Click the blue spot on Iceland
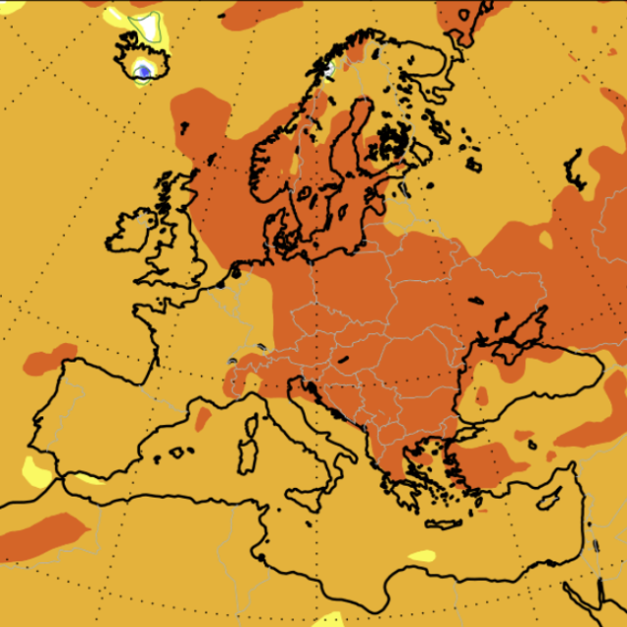[x=144, y=70]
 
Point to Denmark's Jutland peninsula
[x=276, y=221]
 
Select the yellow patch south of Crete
[x=422, y=555]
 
